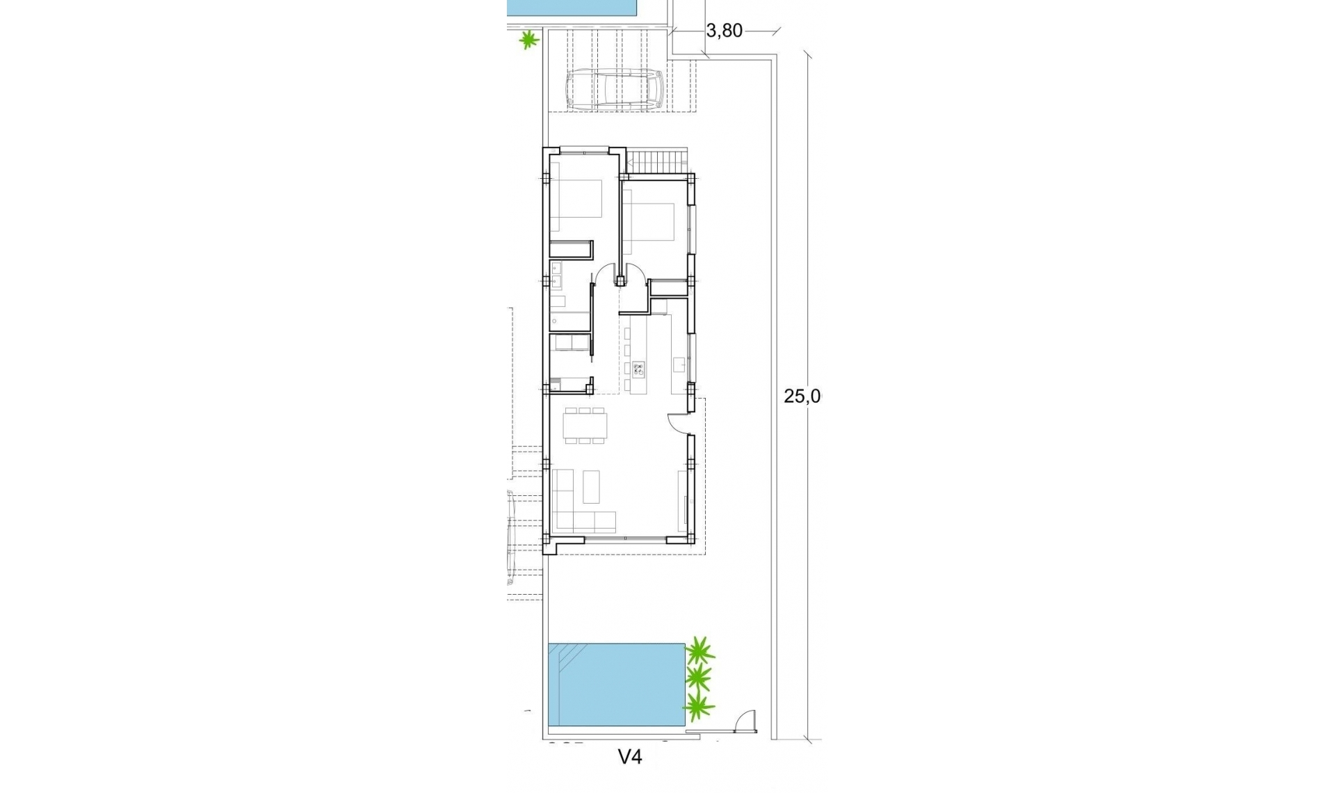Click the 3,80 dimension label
click(724, 31)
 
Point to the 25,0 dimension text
click(802, 397)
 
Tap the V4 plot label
click(630, 757)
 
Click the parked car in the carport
click(615, 89)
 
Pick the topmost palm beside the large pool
click(699, 651)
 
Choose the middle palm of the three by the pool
click(698, 678)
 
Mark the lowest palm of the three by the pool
click(698, 707)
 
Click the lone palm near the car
click(529, 40)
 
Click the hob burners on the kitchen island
click(638, 369)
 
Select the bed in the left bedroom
click(576, 206)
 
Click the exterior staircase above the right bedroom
click(657, 163)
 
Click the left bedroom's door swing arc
click(604, 273)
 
